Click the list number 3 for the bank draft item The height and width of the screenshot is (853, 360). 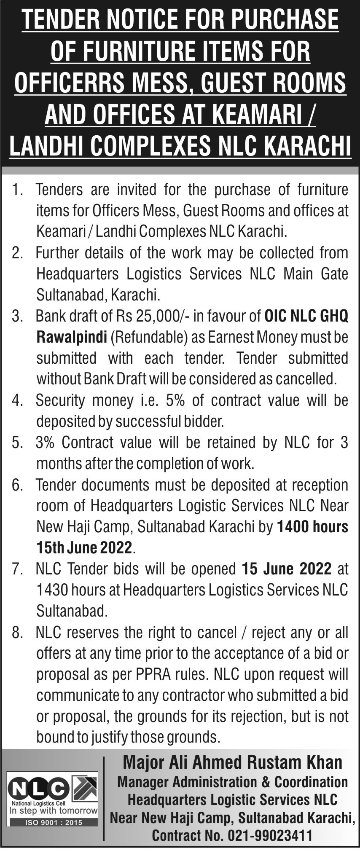click(17, 316)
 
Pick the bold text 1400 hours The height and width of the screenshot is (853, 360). click(312, 527)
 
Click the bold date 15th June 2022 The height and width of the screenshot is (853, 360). click(84, 548)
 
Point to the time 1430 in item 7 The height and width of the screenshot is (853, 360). click(51, 590)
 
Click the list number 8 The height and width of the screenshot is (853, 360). click(17, 632)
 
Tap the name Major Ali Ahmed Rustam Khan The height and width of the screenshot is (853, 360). click(232, 762)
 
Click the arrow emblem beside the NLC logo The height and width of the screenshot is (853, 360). click(85, 788)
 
